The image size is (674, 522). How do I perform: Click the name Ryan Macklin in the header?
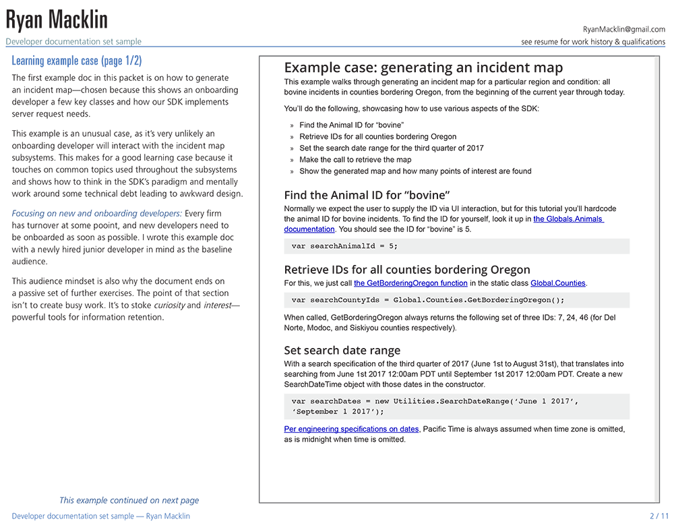tap(57, 20)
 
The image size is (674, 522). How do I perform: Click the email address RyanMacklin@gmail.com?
tap(623, 30)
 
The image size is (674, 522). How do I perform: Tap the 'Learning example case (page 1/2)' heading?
tap(77, 61)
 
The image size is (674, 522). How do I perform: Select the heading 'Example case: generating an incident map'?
tap(423, 67)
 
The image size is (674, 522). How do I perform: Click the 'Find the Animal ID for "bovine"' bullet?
tap(351, 125)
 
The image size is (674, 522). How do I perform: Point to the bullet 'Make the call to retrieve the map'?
tap(355, 160)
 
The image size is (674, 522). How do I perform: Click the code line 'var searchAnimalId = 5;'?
tap(345, 246)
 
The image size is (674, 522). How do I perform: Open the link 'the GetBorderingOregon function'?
tap(410, 283)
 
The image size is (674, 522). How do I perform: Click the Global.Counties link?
tap(558, 283)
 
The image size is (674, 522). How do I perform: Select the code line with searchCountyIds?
tap(428, 300)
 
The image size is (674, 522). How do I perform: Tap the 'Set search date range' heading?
tap(342, 350)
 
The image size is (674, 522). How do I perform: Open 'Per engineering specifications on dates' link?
tap(351, 429)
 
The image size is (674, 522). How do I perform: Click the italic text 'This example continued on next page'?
tap(129, 500)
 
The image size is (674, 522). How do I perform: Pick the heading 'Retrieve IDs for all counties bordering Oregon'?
tap(407, 270)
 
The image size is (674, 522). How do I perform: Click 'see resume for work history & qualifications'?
tap(593, 42)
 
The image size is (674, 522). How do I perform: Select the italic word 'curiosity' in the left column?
tap(170, 305)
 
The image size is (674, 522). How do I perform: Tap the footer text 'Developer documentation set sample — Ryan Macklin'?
tap(101, 516)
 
